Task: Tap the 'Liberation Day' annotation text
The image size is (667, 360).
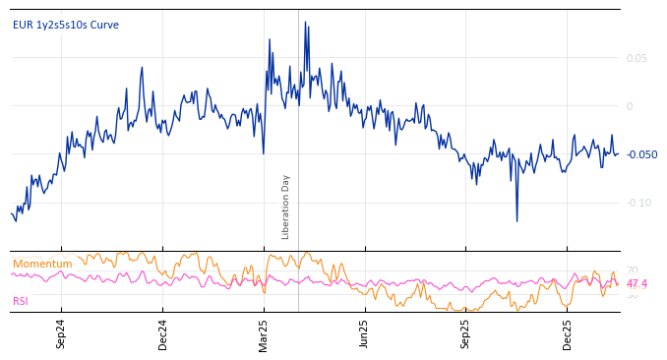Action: pyautogui.click(x=286, y=207)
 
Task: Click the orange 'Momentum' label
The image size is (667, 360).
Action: pyautogui.click(x=42, y=264)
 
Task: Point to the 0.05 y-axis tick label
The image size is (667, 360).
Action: pyautogui.click(x=637, y=58)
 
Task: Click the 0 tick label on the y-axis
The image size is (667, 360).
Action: pyautogui.click(x=630, y=106)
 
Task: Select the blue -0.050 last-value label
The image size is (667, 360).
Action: pyautogui.click(x=641, y=154)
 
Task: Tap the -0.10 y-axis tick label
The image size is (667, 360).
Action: pyautogui.click(x=638, y=203)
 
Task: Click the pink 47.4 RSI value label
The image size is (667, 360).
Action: pyautogui.click(x=637, y=284)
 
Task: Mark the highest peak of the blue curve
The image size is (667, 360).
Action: pyautogui.click(x=305, y=22)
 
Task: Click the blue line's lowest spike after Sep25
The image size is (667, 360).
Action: pyautogui.click(x=516, y=220)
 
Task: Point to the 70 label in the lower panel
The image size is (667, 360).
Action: pyautogui.click(x=632, y=270)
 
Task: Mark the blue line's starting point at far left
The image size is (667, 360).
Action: pyautogui.click(x=12, y=213)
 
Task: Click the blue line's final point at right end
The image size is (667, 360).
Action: pyautogui.click(x=619, y=153)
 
